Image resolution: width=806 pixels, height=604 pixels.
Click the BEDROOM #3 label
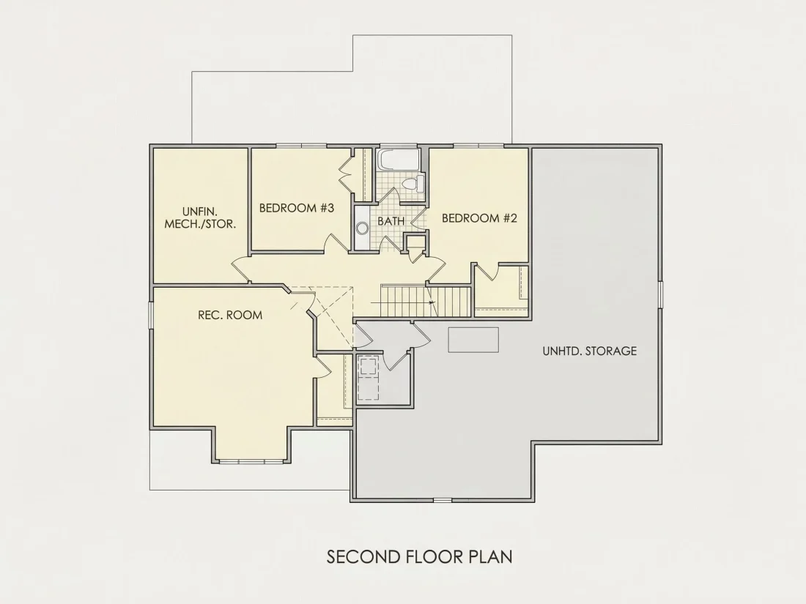[297, 208]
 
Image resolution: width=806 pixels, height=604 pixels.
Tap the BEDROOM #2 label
[479, 218]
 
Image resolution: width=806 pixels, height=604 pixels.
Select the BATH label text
[391, 221]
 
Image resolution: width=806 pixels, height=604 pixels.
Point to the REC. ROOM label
[230, 315]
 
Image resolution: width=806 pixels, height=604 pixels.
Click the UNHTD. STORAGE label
[590, 351]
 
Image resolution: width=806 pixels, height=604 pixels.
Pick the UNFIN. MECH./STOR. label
[200, 217]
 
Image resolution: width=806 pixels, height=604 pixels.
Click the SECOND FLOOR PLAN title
[419, 556]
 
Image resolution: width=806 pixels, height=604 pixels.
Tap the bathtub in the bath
[399, 160]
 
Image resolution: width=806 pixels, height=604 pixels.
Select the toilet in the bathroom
[414, 183]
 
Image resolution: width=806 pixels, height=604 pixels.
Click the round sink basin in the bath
[362, 228]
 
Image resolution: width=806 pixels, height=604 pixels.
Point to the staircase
[426, 301]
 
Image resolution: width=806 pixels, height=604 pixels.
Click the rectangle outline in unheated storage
[473, 340]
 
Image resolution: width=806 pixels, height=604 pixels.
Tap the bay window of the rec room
[252, 461]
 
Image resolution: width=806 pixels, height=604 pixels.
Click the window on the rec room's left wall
[151, 314]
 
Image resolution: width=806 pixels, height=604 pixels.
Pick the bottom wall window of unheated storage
[443, 500]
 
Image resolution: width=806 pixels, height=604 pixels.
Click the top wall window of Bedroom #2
[478, 146]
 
